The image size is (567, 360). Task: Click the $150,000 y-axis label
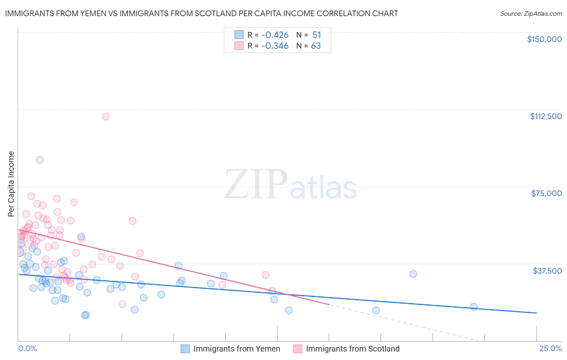coord(544,39)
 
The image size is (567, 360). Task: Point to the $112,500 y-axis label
coord(546,116)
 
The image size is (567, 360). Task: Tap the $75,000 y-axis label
coord(546,193)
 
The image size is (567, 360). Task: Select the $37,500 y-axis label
coord(547,271)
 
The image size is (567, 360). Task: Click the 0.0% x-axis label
coord(27,348)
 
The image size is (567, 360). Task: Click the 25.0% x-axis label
coord(550,348)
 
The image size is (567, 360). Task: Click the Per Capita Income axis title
coord(11,184)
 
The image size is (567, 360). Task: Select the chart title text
coord(201,13)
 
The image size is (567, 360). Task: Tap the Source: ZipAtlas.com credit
coord(531,13)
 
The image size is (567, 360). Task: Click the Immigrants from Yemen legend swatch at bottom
coord(185,349)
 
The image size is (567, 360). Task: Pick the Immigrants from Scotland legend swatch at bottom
coord(298,349)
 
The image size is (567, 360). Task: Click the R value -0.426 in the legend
coord(275,35)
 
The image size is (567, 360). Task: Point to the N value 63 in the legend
coord(316,46)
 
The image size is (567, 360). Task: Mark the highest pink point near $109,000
coord(106,117)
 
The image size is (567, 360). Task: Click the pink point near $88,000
coord(40,160)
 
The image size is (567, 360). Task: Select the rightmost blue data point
coord(474,307)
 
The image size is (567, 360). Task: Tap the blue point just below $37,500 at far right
coord(413,274)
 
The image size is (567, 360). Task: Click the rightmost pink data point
coord(265,275)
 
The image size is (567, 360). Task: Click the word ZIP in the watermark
coord(255,184)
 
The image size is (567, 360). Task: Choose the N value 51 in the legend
coord(317,35)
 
